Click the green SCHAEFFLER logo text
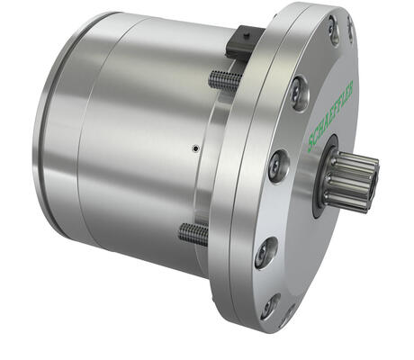point(331,116)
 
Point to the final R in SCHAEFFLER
point(351,85)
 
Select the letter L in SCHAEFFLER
point(342,96)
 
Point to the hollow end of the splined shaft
point(373,183)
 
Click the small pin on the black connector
point(246,36)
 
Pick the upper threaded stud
point(225,80)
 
